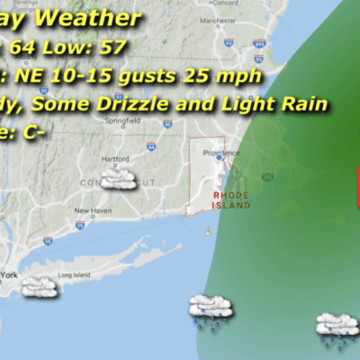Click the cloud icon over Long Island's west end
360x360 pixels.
point(38,287)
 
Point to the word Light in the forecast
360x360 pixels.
point(238,105)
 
